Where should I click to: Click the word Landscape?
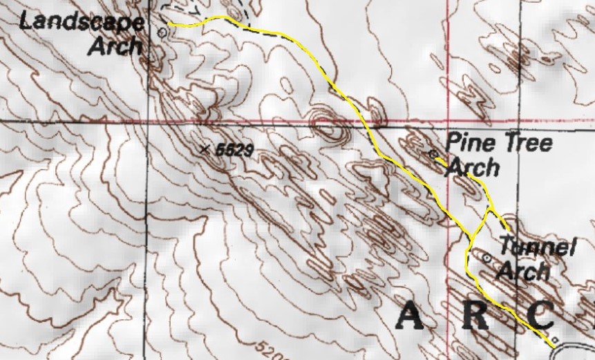point(82,21)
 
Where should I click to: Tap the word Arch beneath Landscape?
point(116,46)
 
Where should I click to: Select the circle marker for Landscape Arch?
point(162,31)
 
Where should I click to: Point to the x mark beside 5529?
point(203,149)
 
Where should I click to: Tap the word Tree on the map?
point(529,144)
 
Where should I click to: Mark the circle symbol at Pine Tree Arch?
point(433,153)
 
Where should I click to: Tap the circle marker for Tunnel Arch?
point(487,258)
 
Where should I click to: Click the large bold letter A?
point(415,317)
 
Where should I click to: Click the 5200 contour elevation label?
point(272,348)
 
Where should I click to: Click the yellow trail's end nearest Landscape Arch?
point(169,25)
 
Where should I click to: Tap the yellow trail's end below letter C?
point(553,342)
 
